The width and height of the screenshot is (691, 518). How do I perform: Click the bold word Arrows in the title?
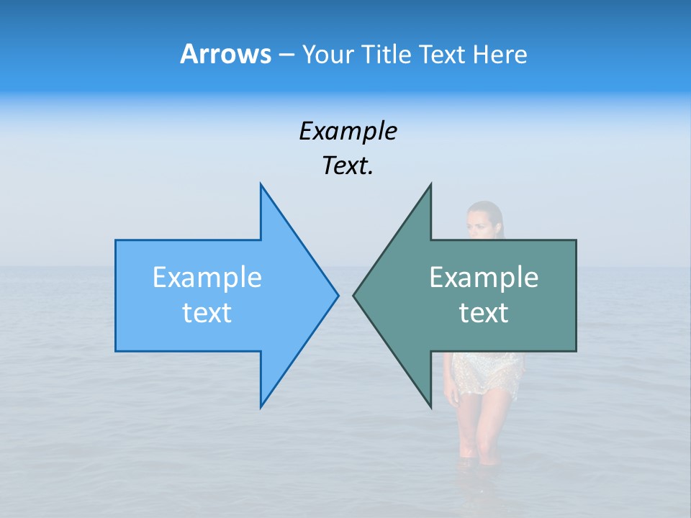225,54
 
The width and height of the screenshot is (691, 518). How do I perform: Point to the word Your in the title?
328,54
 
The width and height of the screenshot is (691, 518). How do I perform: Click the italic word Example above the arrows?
348,132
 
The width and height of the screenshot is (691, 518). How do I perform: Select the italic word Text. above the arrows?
348,166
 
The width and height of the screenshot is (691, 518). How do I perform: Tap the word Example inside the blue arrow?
207,278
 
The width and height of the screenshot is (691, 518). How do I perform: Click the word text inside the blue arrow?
207,313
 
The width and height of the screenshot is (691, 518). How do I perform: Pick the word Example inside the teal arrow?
484,278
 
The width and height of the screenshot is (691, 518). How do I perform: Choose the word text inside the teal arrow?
484,313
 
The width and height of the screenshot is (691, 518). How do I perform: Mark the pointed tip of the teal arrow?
354,295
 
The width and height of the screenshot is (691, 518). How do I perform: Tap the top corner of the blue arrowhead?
261,185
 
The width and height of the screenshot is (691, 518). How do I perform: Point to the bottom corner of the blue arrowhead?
261,406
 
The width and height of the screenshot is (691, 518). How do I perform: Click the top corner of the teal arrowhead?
430,185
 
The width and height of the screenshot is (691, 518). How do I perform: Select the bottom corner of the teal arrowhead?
430,406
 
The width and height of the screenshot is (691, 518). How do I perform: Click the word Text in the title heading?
442,54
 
